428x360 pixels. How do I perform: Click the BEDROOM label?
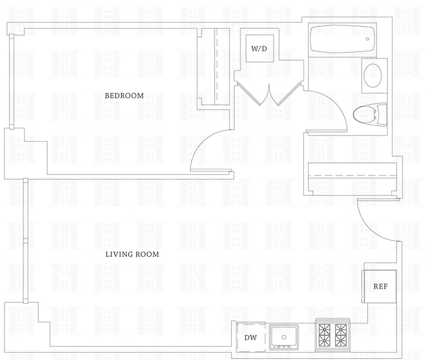[124, 95]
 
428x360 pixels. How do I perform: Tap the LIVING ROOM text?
[132, 254]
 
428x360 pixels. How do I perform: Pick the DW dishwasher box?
[251, 337]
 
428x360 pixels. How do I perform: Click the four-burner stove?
[333, 335]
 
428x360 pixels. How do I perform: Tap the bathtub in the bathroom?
[342, 39]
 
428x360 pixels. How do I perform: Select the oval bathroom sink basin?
[373, 75]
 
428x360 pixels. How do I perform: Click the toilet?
[371, 115]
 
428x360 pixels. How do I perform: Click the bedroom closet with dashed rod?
[215, 66]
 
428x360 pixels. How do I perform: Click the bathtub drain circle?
[368, 39]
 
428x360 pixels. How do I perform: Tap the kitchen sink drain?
[284, 337]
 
